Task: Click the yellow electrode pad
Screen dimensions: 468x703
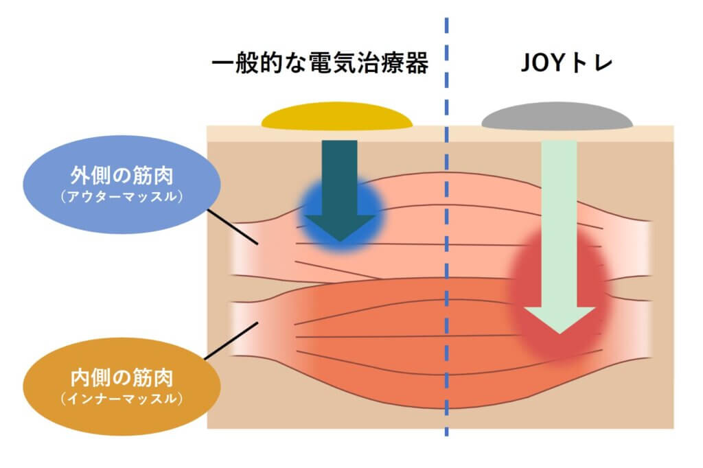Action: (x=336, y=118)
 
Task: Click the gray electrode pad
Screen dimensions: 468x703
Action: (x=557, y=118)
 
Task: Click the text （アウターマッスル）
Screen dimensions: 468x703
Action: (x=121, y=197)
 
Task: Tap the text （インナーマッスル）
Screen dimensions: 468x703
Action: (x=121, y=397)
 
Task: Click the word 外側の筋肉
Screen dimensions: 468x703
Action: (x=121, y=176)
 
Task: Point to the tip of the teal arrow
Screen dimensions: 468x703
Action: (x=340, y=239)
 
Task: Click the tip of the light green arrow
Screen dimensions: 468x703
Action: (x=560, y=331)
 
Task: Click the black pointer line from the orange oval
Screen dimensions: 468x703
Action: (x=231, y=340)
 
